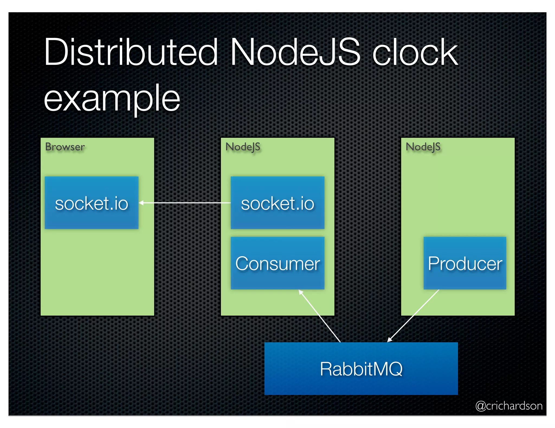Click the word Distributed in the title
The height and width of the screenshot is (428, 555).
131,52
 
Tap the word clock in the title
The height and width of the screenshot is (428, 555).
415,52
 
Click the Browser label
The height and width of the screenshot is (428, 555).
65,147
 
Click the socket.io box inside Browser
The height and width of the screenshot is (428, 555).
92,203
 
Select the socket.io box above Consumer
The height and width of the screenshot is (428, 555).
277,203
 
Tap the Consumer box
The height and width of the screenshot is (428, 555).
277,263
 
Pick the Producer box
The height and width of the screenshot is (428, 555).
465,263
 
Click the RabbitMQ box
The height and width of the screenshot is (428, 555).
361,368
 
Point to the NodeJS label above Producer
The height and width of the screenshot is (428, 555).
423,147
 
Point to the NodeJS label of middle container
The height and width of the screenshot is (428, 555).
243,147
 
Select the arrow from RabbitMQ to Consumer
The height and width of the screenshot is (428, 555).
320,316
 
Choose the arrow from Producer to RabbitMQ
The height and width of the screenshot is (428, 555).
413,315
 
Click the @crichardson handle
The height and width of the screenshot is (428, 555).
509,406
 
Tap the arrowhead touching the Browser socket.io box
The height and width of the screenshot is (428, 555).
141,203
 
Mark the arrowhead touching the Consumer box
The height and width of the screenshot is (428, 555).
301,292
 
